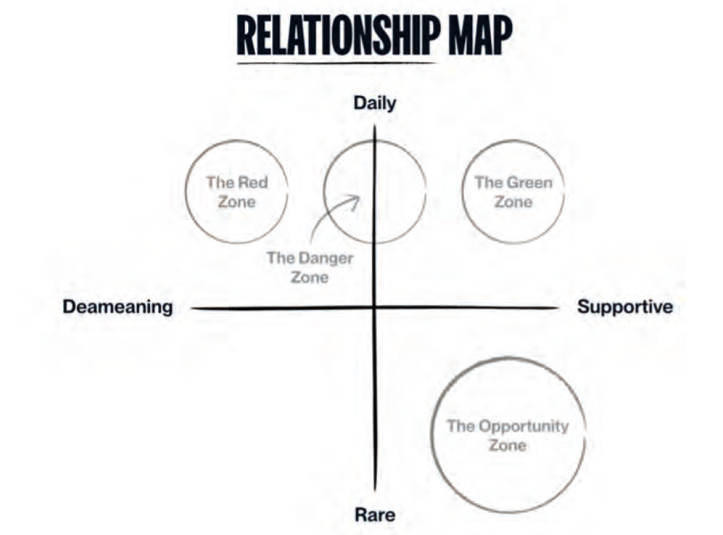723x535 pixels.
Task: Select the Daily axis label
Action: click(x=374, y=103)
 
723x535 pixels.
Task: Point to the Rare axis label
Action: click(x=374, y=515)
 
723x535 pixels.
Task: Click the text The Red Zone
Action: click(x=237, y=191)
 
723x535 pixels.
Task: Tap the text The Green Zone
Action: click(x=513, y=191)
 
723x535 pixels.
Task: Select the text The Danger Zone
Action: click(x=309, y=267)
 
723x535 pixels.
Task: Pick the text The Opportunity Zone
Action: click(x=508, y=435)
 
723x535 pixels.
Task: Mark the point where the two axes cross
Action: click(x=375, y=308)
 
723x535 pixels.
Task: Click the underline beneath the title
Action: click(x=337, y=63)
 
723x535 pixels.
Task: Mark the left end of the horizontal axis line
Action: click(x=192, y=308)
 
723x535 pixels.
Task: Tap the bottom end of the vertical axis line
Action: click(x=375, y=490)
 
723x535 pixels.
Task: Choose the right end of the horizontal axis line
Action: click(x=557, y=308)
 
